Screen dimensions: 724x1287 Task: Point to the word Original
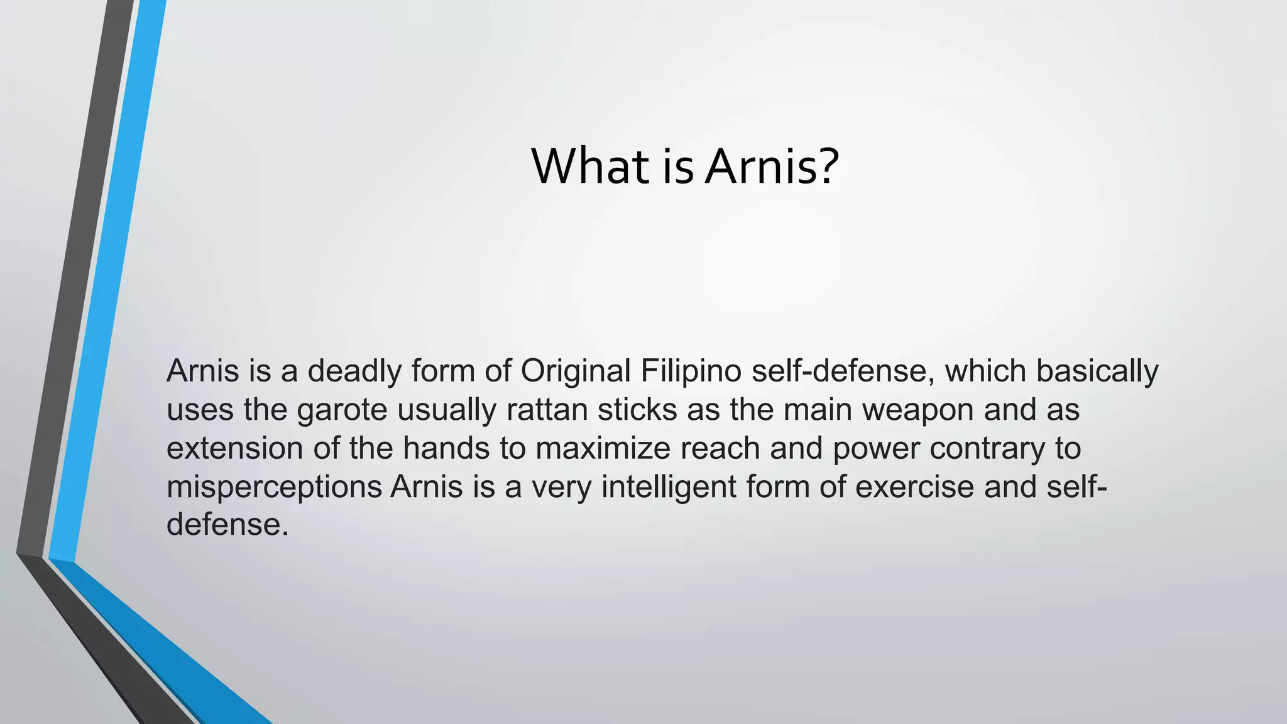[576, 372]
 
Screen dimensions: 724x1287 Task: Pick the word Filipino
[691, 372]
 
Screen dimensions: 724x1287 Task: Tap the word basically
[1097, 372]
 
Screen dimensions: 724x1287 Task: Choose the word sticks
[637, 410]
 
